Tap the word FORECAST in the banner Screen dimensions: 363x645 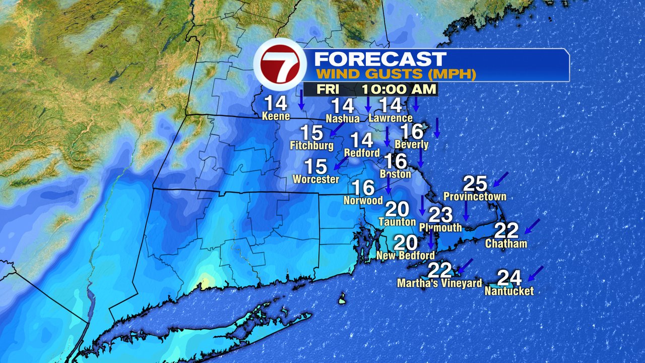pyautogui.click(x=380, y=59)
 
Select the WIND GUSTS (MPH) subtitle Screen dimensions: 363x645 pyautogui.click(x=396, y=75)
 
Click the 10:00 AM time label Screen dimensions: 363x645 pyautogui.click(x=399, y=90)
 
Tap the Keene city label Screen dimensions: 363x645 pyautogui.click(x=276, y=116)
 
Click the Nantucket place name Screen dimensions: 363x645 pyautogui.click(x=509, y=291)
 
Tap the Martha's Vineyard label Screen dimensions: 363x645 pyautogui.click(x=439, y=283)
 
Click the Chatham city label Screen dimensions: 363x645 pyautogui.click(x=506, y=244)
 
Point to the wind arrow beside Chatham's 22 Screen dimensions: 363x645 pyautogui.click(x=532, y=226)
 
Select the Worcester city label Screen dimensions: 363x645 pyautogui.click(x=316, y=179)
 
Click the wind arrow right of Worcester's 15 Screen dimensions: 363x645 pyautogui.click(x=342, y=163)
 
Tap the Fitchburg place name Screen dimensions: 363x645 pyautogui.click(x=312, y=146)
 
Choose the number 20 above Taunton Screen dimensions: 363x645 pyautogui.click(x=398, y=209)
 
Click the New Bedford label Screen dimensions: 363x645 pyautogui.click(x=406, y=256)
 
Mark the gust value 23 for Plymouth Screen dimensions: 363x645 pyautogui.click(x=441, y=215)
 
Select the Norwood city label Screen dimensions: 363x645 pyautogui.click(x=363, y=200)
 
